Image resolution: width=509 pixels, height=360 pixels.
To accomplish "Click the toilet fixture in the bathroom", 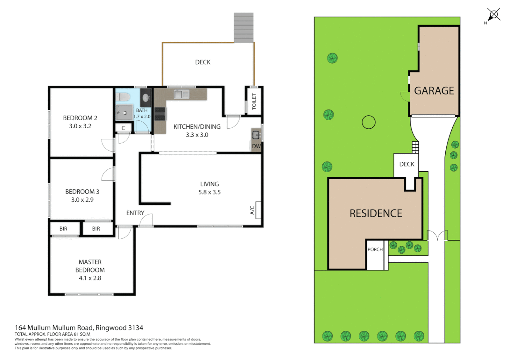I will tap(123, 97).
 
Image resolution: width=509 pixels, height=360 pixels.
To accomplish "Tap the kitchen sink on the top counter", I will tap(179, 94).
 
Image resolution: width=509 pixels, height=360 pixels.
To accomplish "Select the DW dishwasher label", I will tap(256, 146).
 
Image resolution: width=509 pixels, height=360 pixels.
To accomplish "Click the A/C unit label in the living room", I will tap(252, 210).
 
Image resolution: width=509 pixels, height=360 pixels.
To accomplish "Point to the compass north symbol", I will tap(493, 15).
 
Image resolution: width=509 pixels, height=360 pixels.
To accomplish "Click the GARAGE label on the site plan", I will tap(434, 91).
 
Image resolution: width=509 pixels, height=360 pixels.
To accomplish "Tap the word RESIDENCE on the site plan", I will tap(375, 213).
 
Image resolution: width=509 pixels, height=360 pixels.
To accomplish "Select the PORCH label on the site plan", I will tap(375, 249).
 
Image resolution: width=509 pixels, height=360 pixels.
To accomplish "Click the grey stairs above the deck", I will tap(244, 27).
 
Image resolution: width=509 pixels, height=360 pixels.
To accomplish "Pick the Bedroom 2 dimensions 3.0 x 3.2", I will tap(80, 126).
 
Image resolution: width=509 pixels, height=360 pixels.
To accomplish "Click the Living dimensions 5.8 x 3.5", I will tap(209, 192).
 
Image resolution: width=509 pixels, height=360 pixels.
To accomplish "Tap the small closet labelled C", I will tap(123, 128).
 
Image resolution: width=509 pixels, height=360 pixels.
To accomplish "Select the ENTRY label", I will tap(135, 213).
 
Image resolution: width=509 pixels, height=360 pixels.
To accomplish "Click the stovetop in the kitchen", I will tap(160, 114).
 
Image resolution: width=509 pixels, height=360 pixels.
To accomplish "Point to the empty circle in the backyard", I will tap(368, 122).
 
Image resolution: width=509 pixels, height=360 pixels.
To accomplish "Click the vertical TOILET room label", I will tap(254, 101).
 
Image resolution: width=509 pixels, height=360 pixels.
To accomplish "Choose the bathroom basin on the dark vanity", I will tap(146, 98).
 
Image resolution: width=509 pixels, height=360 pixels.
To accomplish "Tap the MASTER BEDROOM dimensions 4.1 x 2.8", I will tap(90, 278).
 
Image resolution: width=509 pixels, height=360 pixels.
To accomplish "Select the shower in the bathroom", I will tap(124, 112).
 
